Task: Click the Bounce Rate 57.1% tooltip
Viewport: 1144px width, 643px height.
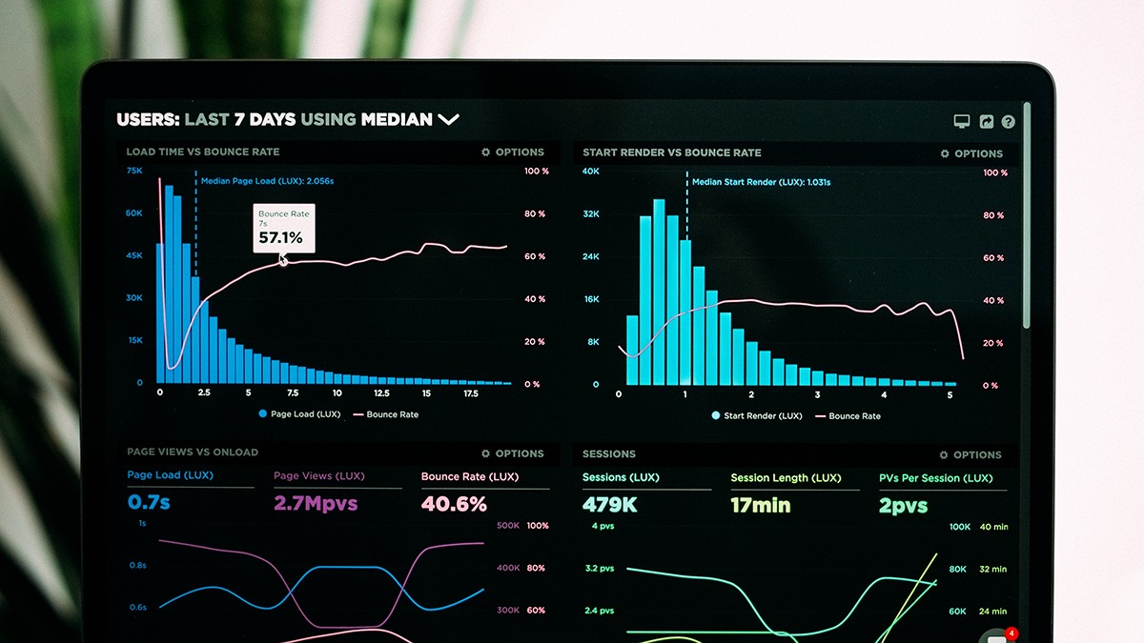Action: (283, 229)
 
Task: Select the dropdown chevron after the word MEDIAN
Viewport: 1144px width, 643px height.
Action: (448, 119)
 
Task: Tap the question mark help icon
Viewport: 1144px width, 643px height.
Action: (1008, 122)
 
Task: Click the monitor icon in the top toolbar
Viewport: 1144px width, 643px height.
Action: (962, 122)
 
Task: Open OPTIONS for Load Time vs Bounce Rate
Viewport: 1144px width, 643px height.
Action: (513, 152)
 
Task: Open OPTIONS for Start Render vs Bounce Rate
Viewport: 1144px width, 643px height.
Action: (971, 153)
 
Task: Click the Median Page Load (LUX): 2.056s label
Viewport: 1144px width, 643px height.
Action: (267, 180)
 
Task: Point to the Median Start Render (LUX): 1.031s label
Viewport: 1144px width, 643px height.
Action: (761, 182)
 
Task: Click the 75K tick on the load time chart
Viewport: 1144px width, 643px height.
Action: (134, 171)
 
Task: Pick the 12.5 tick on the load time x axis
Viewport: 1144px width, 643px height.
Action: (381, 392)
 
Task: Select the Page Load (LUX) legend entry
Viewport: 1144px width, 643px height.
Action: (299, 414)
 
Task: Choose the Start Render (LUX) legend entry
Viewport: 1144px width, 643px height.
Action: (758, 415)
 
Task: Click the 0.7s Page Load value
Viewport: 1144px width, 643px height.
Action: (149, 502)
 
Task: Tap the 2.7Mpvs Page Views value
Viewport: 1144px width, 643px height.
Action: (316, 503)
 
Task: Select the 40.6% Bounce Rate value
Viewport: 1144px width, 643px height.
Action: (454, 504)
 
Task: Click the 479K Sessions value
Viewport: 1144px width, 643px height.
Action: (609, 505)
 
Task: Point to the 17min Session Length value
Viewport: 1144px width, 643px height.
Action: (761, 505)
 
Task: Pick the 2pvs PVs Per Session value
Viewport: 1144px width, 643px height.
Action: (903, 506)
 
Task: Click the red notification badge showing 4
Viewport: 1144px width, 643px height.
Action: (1011, 633)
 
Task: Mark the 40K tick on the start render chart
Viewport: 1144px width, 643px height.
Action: (591, 171)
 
